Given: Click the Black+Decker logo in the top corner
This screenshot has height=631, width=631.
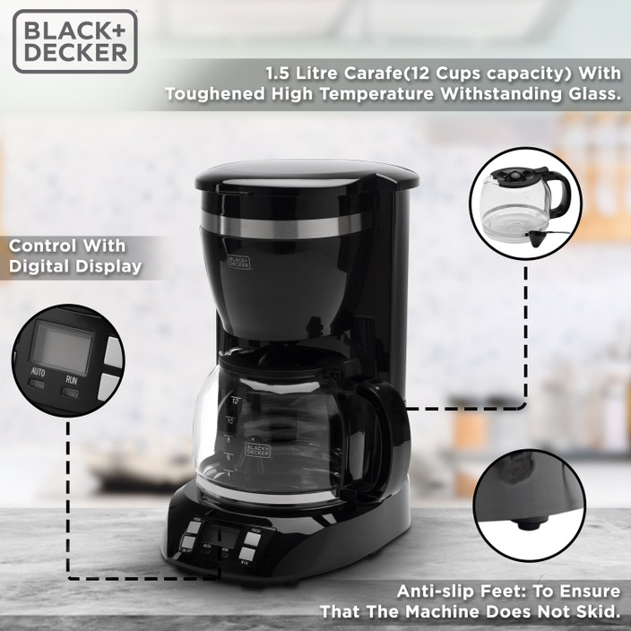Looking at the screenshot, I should [x=75, y=40].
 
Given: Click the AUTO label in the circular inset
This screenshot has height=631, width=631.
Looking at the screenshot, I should [x=39, y=371].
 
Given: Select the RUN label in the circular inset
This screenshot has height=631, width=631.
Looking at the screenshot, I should [x=70, y=379].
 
